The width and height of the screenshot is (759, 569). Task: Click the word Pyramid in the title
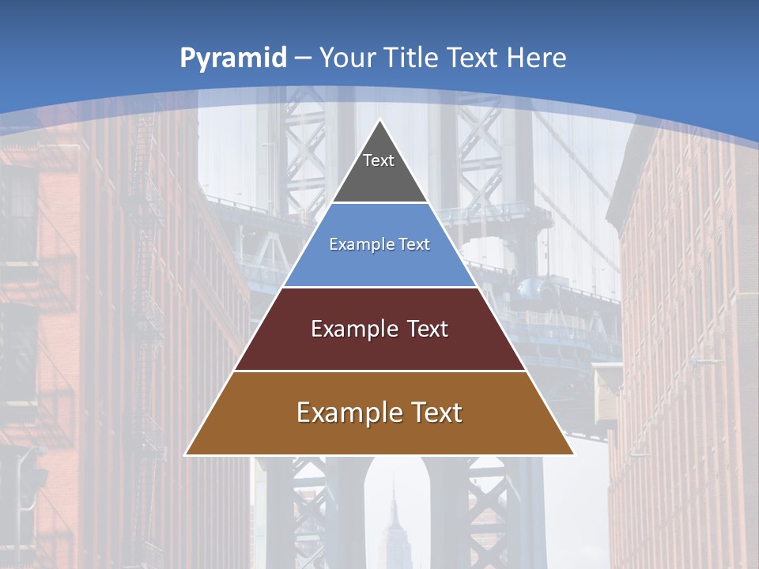(232, 58)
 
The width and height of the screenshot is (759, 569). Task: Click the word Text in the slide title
(474, 58)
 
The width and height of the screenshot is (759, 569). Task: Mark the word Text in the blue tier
(415, 245)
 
